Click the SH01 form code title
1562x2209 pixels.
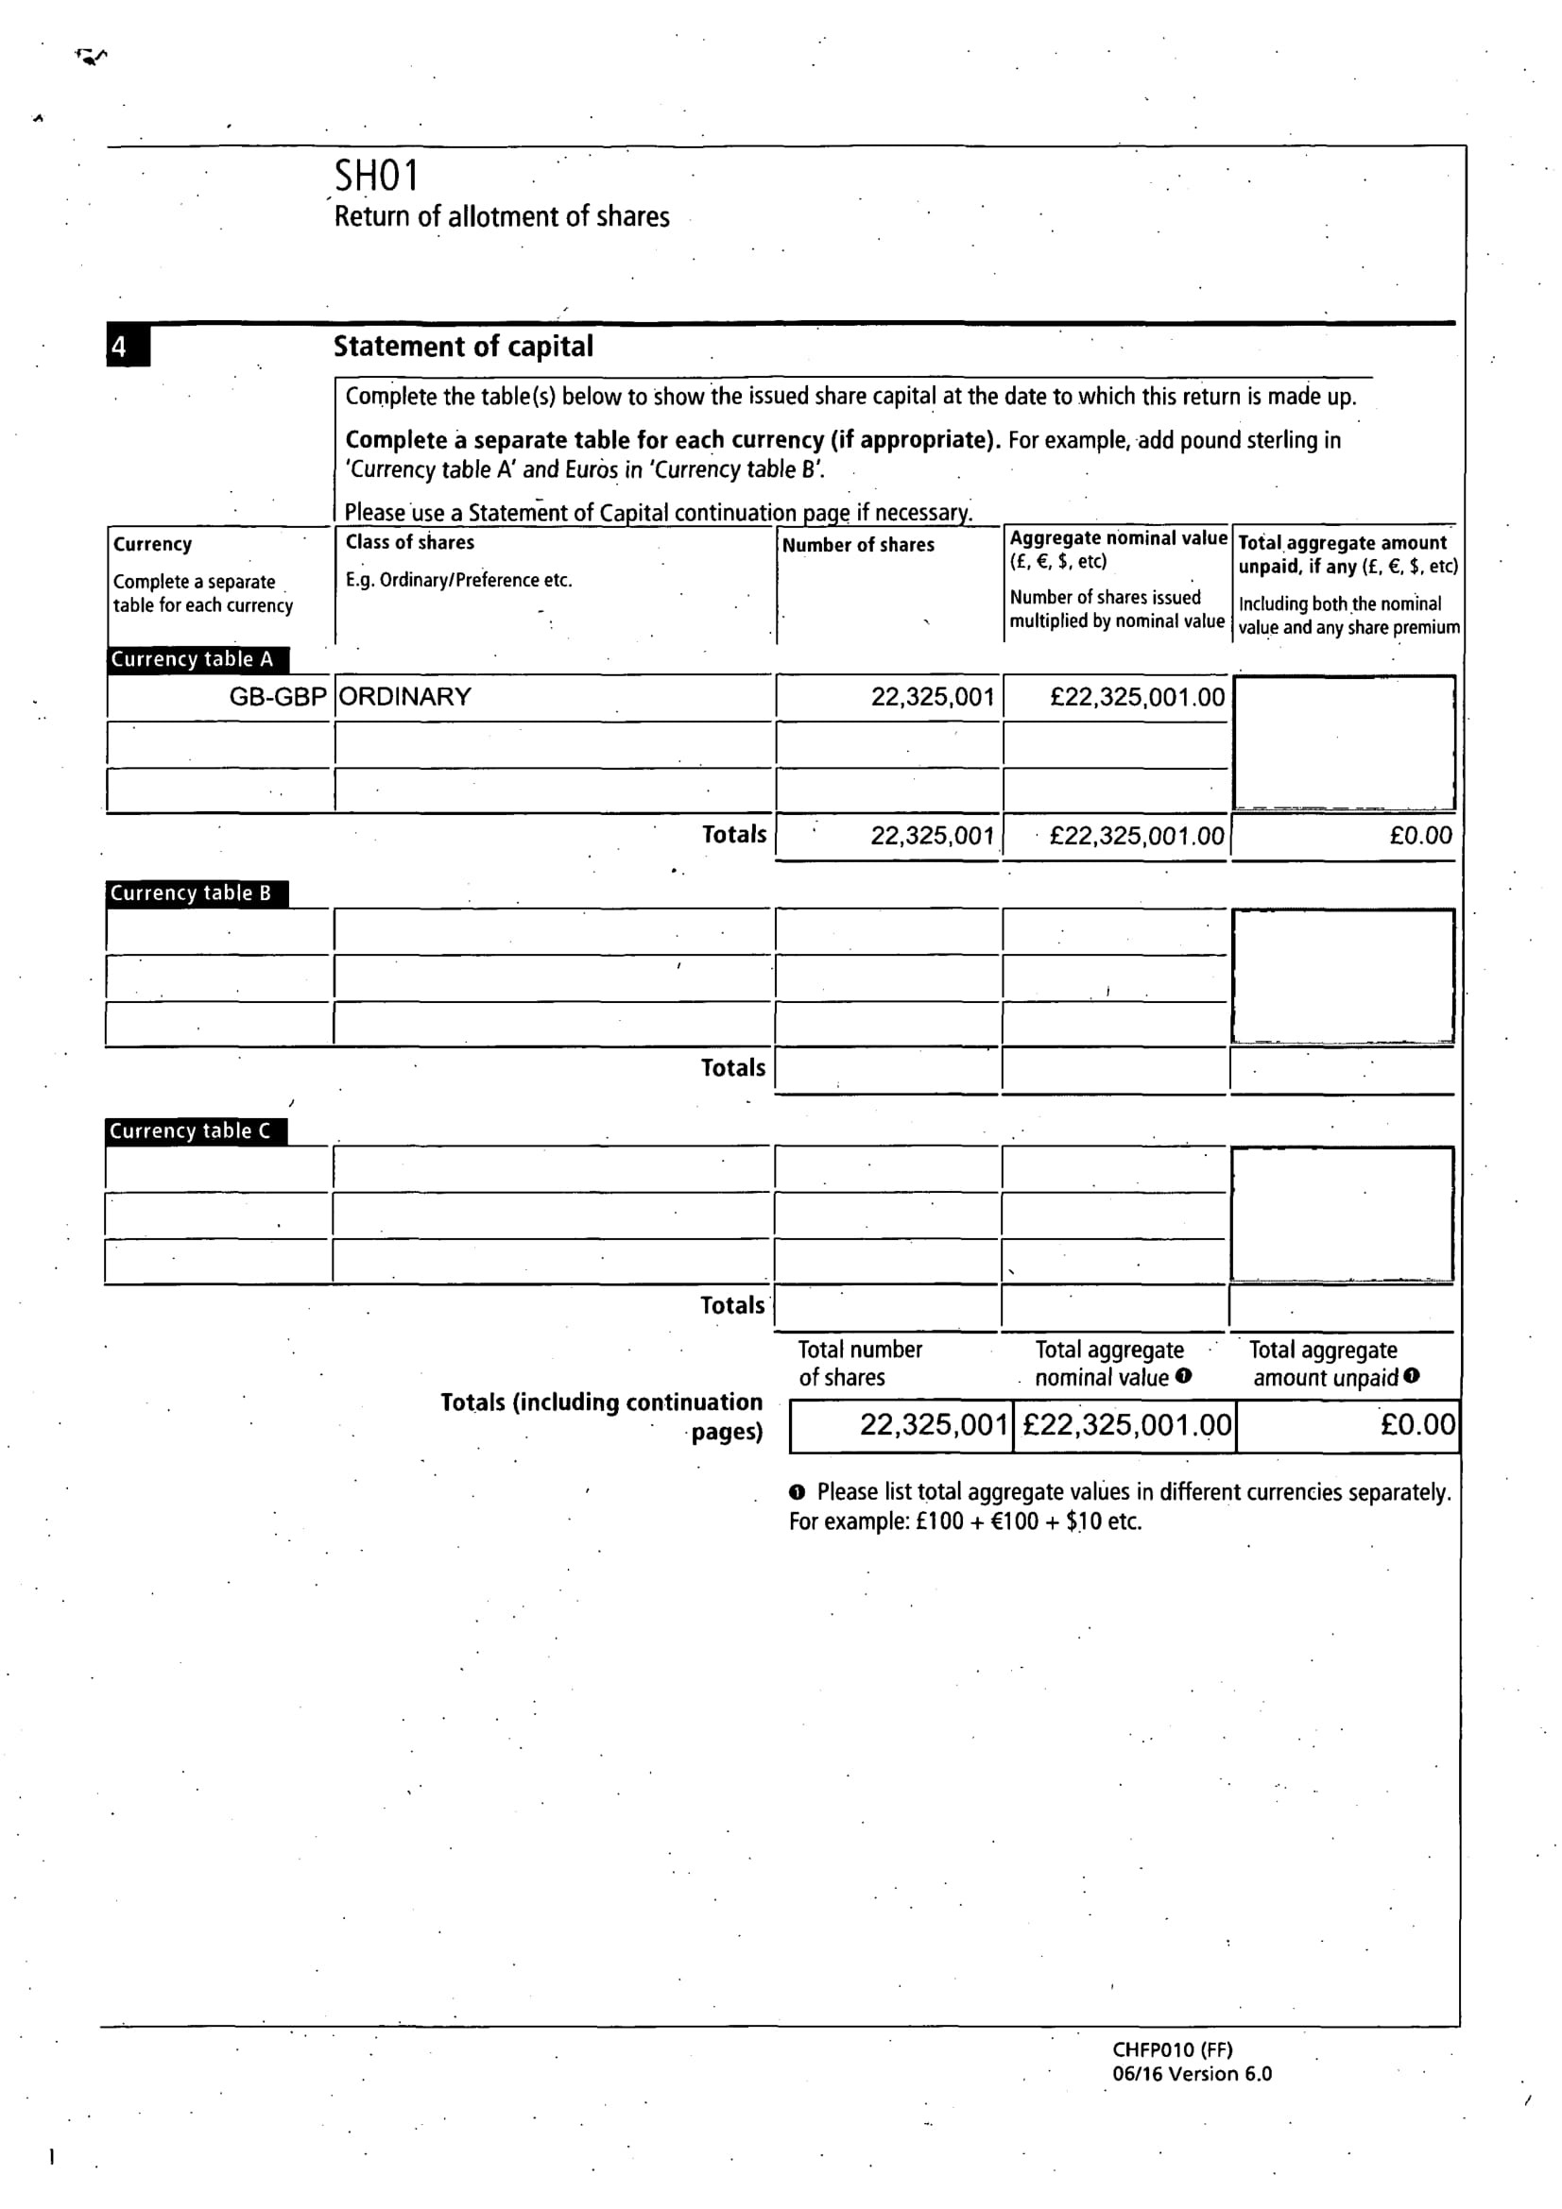376,176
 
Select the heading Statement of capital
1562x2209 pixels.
463,347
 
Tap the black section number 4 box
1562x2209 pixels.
127,347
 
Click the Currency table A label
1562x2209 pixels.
193,659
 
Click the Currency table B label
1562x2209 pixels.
191,892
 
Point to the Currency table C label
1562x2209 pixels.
191,1130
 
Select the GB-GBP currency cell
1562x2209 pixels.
277,697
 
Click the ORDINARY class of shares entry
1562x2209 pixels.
405,697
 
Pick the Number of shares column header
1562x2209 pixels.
857,545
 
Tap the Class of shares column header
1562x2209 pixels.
410,542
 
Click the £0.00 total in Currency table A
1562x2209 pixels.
1419,835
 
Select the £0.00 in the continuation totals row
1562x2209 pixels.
1416,1424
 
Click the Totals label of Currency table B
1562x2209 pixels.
732,1068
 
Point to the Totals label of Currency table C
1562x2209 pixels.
732,1305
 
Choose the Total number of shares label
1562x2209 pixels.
860,1364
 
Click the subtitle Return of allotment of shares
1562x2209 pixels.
502,216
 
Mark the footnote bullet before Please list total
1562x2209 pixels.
797,1492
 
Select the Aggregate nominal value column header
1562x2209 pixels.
1117,537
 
